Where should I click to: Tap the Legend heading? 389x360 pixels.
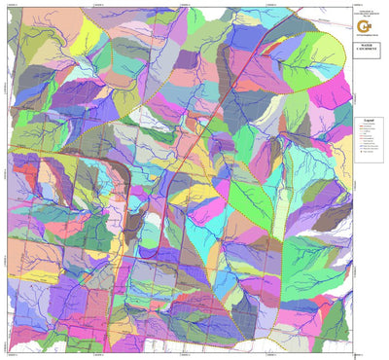(368, 122)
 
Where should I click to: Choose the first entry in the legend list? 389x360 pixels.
(369, 127)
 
